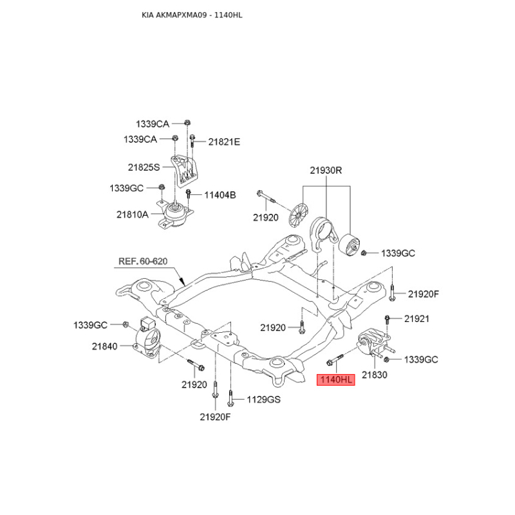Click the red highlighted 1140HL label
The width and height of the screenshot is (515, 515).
click(335, 380)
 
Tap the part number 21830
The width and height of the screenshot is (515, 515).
click(375, 375)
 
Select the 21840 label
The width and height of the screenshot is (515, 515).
click(104, 346)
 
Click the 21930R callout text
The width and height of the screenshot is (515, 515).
click(326, 171)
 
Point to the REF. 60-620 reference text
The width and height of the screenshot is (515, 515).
click(143, 261)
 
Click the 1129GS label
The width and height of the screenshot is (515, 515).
click(264, 399)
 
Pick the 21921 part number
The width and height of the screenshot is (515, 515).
click(417, 319)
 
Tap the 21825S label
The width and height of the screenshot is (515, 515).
click(144, 167)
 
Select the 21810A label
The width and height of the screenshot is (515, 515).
click(133, 215)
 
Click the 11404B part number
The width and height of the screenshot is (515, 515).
click(220, 195)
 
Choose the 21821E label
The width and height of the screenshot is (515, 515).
click(224, 142)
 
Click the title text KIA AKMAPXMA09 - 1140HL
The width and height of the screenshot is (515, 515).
click(192, 15)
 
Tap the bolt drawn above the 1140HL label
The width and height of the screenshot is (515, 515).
click(335, 359)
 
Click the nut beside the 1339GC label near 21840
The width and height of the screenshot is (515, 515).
click(125, 325)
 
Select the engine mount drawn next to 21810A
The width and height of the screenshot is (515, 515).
click(173, 215)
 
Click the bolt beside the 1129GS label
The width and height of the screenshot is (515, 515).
click(230, 398)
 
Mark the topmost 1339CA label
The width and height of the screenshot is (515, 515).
click(153, 124)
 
